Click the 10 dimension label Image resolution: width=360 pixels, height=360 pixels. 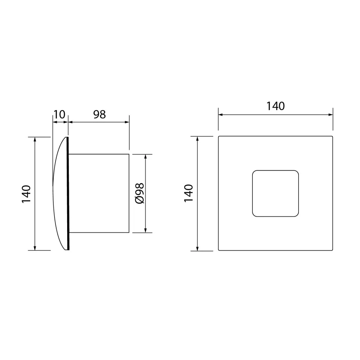click(59, 114)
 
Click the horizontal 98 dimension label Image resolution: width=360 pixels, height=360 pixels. click(99, 114)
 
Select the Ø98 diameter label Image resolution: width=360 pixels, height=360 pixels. click(140, 193)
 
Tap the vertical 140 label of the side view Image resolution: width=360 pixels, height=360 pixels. click(26, 194)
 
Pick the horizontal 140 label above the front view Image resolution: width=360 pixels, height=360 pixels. click(275, 106)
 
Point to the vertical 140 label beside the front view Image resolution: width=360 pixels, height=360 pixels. click(189, 193)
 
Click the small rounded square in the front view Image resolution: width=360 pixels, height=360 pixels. click(276, 193)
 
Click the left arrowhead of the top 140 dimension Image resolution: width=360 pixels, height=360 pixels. click(220, 115)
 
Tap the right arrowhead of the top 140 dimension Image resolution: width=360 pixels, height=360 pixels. click(330, 115)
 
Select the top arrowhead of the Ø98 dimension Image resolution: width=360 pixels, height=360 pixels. click(145, 156)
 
